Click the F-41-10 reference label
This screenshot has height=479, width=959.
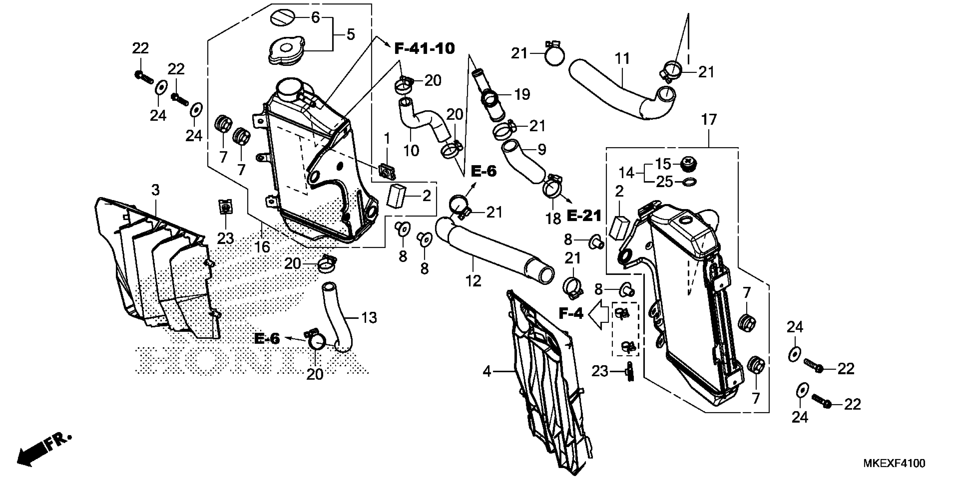click(424, 49)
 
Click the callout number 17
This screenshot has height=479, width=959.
click(709, 120)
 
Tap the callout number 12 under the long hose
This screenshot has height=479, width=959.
click(473, 281)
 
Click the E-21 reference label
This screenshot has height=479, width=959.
click(584, 216)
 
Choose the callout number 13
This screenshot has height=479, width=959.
click(369, 318)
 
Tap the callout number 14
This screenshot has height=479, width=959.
click(626, 173)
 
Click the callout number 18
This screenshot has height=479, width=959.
click(553, 219)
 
